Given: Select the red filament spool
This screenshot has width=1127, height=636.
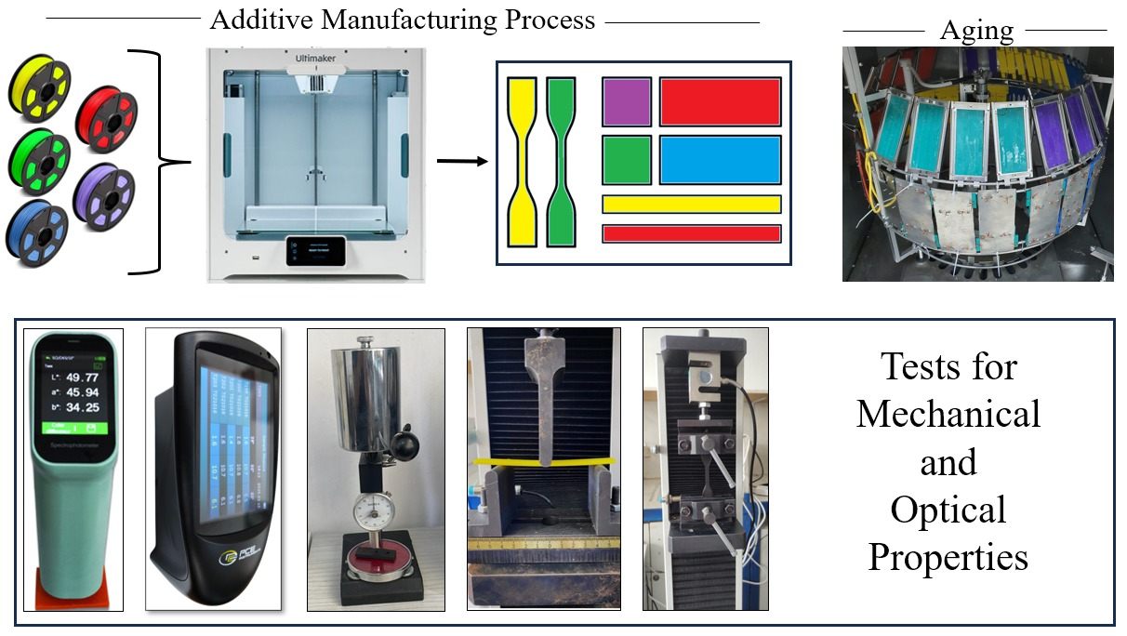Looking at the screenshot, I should pyautogui.click(x=106, y=116).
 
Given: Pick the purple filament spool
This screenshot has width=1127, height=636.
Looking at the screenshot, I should pyautogui.click(x=105, y=196).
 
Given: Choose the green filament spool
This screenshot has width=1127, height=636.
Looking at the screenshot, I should pyautogui.click(x=38, y=158).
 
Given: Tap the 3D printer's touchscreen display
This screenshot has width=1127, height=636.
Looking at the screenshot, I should pyautogui.click(x=315, y=250).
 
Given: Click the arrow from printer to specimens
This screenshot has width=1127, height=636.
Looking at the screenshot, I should pyautogui.click(x=462, y=162).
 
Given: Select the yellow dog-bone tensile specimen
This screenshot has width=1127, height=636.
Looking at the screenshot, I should pyautogui.click(x=523, y=162).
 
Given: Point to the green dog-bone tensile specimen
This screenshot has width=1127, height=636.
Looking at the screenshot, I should pyautogui.click(x=561, y=162).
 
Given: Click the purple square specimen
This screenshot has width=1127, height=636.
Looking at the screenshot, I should pyautogui.click(x=627, y=101).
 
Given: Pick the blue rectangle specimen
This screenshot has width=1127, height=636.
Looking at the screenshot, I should pyautogui.click(x=720, y=160).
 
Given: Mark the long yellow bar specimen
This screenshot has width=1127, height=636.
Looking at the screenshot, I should pyautogui.click(x=691, y=204).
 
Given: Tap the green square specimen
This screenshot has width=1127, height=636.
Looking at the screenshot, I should pyautogui.click(x=627, y=160).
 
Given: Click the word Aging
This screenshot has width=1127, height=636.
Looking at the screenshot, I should pyautogui.click(x=975, y=31).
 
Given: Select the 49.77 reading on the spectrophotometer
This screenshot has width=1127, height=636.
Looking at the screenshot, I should pyautogui.click(x=79, y=377).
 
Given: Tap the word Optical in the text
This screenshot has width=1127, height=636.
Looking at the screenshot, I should pyautogui.click(x=948, y=510).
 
